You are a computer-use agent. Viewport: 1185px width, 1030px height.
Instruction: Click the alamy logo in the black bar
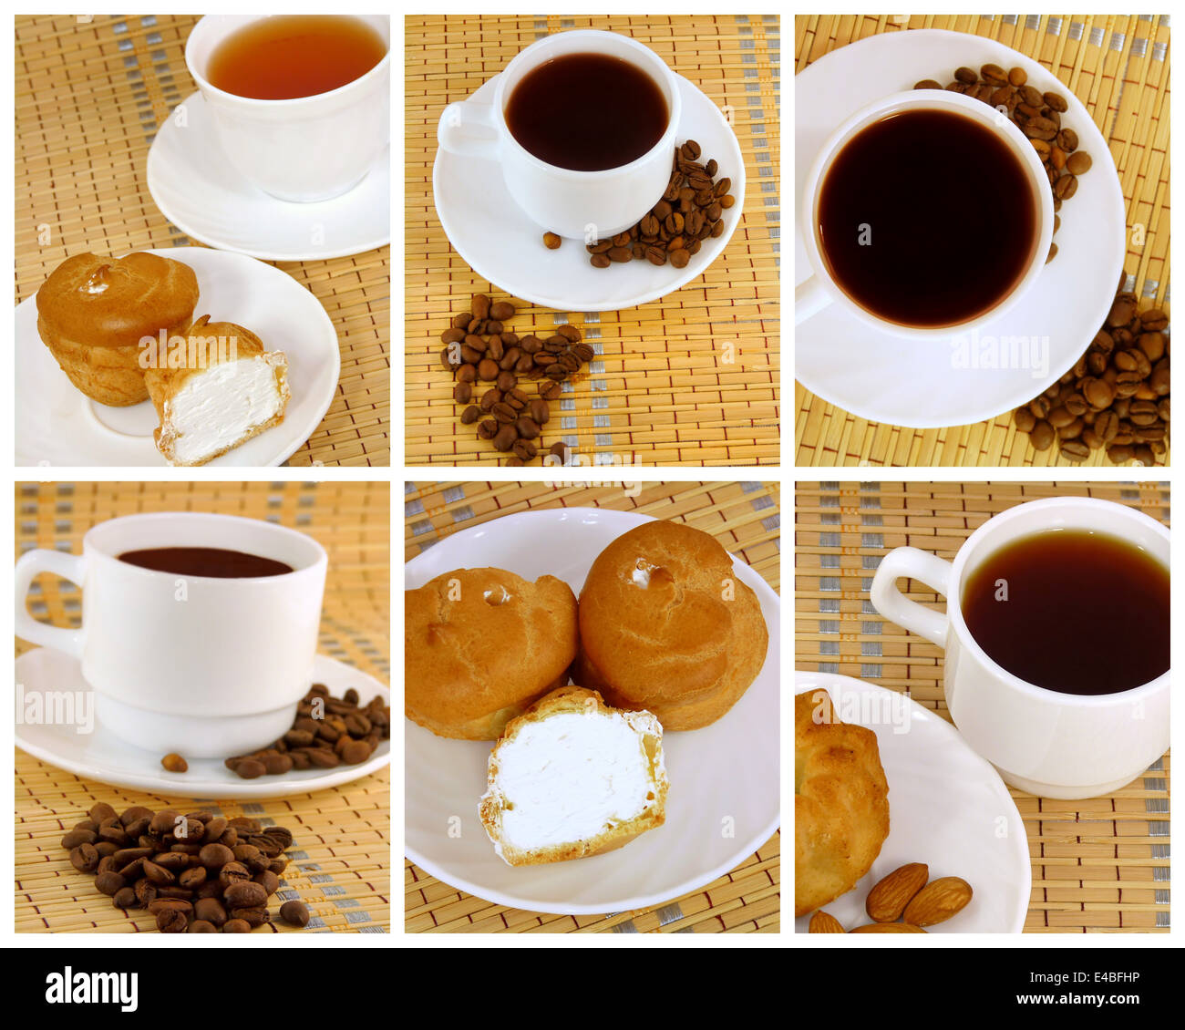click(x=91, y=988)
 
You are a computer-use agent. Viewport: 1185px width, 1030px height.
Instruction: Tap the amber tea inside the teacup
click(x=294, y=58)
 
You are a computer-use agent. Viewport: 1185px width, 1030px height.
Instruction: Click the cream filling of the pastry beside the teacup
click(x=222, y=406)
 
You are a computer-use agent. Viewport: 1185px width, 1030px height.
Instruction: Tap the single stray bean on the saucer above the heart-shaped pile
click(x=551, y=241)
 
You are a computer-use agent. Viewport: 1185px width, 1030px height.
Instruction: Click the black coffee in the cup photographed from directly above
click(x=925, y=215)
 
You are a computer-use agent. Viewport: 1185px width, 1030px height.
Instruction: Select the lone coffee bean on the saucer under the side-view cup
click(x=173, y=762)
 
